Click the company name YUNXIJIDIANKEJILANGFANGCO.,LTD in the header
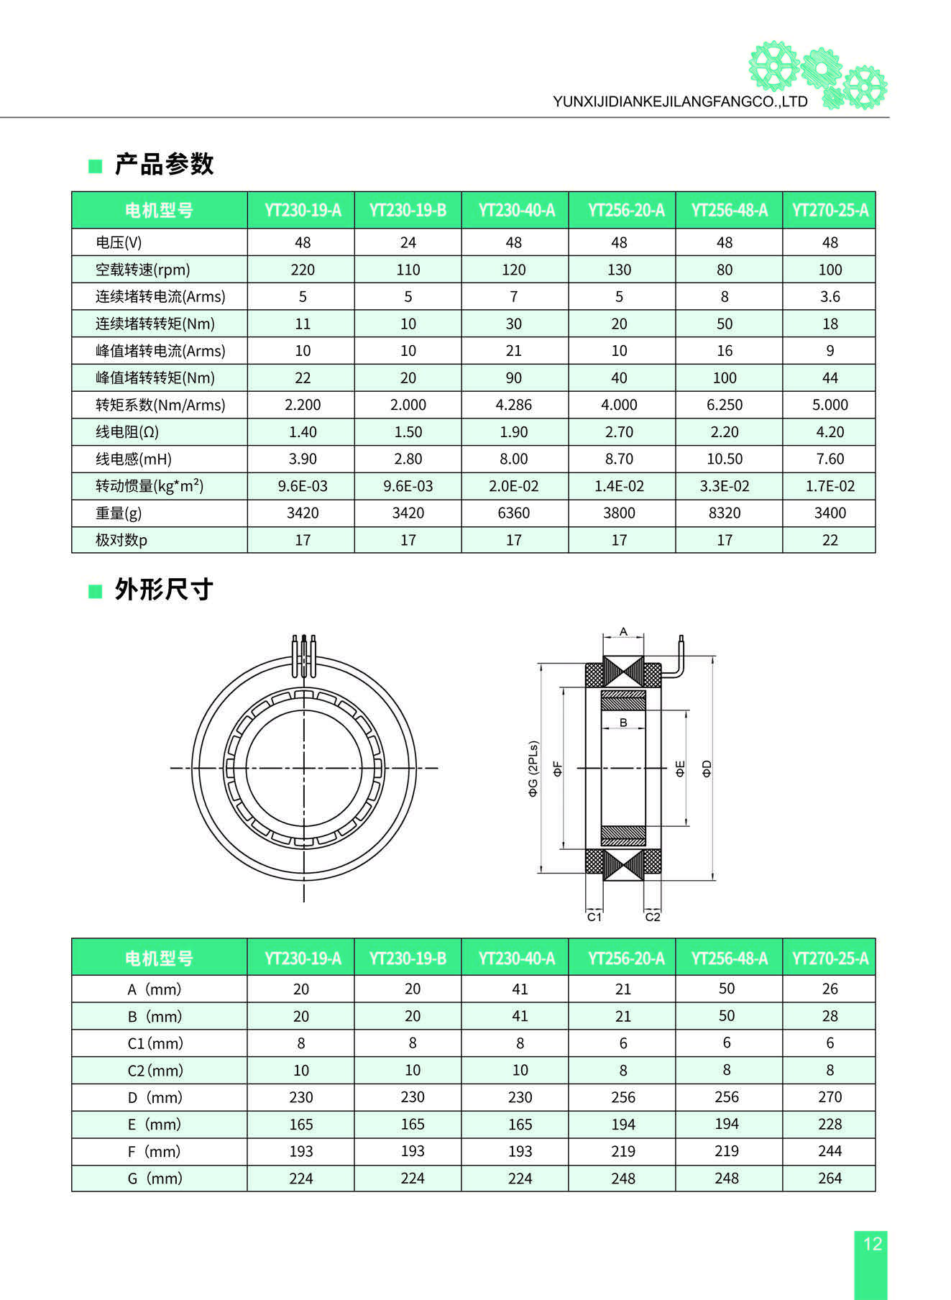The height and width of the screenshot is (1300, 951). click(680, 101)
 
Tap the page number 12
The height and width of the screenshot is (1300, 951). click(872, 1244)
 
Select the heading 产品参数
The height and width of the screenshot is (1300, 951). click(164, 164)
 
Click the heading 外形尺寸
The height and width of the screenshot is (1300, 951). click(164, 590)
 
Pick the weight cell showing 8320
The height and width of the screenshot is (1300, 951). click(725, 513)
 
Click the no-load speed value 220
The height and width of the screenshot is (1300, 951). click(303, 270)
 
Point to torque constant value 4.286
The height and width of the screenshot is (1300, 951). click(513, 405)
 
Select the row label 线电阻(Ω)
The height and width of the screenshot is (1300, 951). click(127, 432)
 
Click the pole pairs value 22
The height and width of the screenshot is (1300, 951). click(830, 540)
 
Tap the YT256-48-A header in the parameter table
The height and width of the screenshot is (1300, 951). click(729, 210)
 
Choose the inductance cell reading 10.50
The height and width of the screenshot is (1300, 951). click(725, 459)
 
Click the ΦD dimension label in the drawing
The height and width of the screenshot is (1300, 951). click(707, 768)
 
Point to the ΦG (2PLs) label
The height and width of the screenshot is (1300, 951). click(533, 768)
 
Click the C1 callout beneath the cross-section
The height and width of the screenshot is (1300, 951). click(594, 917)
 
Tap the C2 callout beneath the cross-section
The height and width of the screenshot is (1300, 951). click(652, 917)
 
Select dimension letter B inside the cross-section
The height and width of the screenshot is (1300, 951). click(623, 722)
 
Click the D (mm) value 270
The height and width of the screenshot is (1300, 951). click(830, 1097)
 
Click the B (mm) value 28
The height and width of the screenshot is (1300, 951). click(830, 1016)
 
